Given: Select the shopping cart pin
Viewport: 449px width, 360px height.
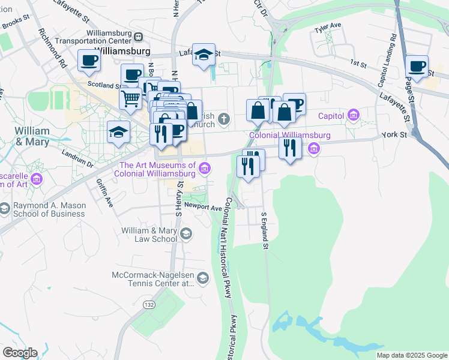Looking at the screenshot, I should point(130,98).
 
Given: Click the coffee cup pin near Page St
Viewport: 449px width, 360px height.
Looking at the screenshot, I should point(417,66).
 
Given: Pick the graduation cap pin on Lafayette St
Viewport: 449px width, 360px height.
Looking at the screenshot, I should point(203,55).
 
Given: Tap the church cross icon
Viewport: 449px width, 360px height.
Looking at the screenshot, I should point(224,118).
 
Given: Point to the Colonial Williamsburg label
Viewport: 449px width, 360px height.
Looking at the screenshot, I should point(289,136).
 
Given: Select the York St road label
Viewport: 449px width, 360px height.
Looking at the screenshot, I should point(395,136).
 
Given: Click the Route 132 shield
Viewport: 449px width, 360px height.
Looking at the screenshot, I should point(148,305).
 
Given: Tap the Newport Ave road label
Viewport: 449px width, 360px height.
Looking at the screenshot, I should point(203,207).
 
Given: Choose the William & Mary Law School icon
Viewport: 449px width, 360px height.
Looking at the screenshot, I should point(186,234).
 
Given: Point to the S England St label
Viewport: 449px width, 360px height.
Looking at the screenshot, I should point(263,227).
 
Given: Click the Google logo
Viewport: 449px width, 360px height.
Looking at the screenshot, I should point(20,353).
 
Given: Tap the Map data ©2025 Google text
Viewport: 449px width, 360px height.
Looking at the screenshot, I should point(411,355).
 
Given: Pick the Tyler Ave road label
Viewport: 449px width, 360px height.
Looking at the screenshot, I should point(328,25).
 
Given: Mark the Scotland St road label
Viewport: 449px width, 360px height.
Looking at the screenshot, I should point(101,85).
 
